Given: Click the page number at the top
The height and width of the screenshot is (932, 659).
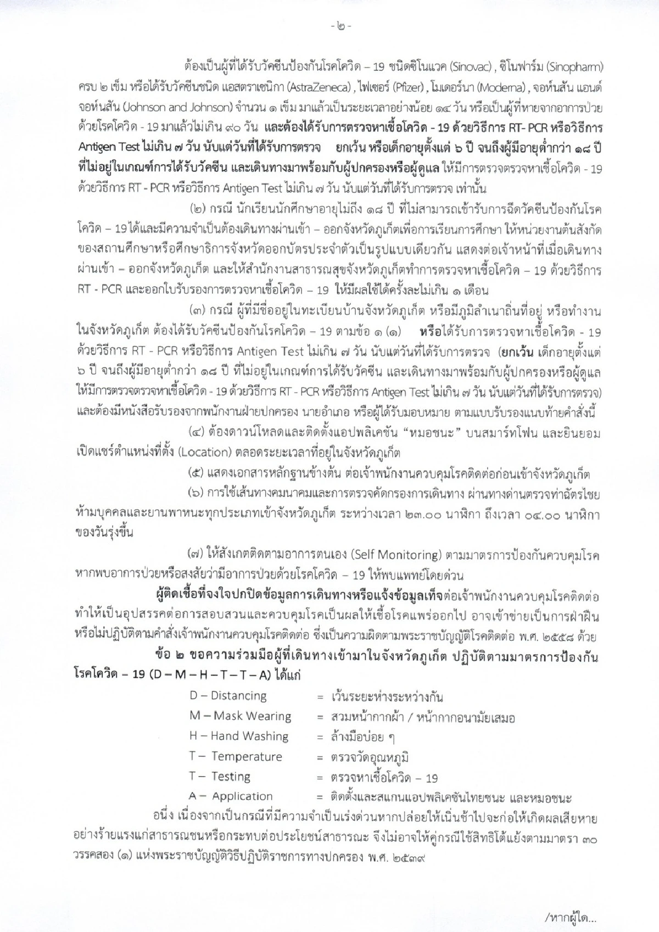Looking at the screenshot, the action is point(330,26).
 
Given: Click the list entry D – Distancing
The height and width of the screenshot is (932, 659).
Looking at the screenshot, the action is point(228,696).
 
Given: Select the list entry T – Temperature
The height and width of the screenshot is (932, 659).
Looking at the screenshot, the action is point(236,757).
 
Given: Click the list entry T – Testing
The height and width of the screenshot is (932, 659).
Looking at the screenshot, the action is point(220,777).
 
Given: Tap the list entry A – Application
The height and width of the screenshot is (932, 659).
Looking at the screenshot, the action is point(231,796).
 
